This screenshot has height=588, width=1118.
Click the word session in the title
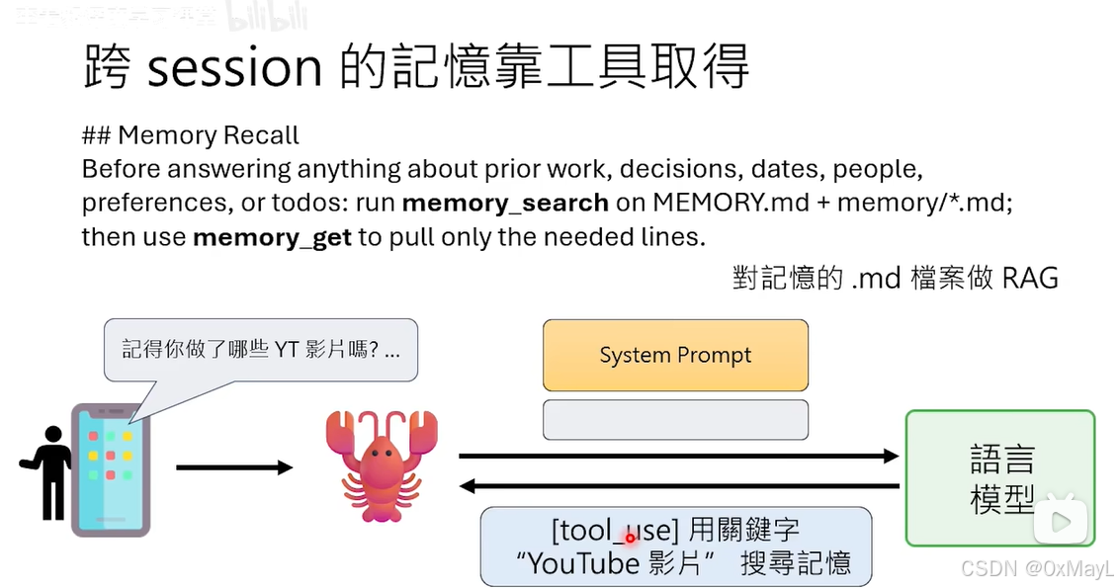pyautogui.click(x=234, y=66)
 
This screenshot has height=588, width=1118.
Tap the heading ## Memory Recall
pyautogui.click(x=191, y=135)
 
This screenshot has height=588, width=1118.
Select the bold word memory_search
pyautogui.click(x=505, y=204)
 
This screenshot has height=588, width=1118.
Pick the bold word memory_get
pyautogui.click(x=272, y=238)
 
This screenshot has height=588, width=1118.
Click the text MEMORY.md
pyautogui.click(x=703, y=204)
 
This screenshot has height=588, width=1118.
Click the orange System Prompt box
pyautogui.click(x=675, y=355)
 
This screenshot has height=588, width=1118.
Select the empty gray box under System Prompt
pyautogui.click(x=675, y=419)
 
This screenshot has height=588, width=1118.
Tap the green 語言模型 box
pyautogui.click(x=999, y=478)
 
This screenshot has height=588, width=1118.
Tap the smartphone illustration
pyautogui.click(x=111, y=469)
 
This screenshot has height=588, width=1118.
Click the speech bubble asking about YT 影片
pyautogui.click(x=261, y=349)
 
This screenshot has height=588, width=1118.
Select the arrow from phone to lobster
pyautogui.click(x=234, y=466)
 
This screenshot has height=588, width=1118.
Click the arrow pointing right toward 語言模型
pyautogui.click(x=678, y=456)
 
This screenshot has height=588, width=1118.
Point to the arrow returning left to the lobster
pyautogui.click(x=678, y=485)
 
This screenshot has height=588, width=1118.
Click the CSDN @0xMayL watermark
pyautogui.click(x=1037, y=569)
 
